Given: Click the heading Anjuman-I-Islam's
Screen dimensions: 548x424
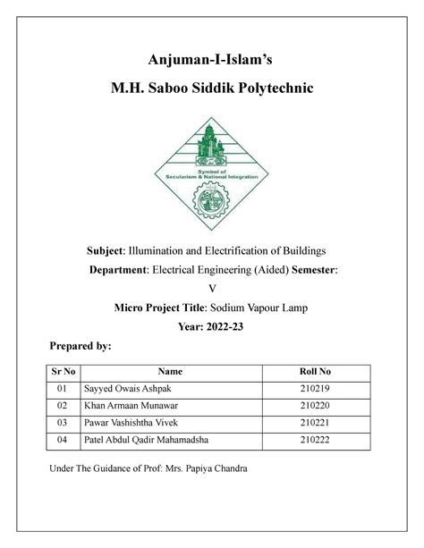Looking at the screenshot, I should click(x=212, y=60).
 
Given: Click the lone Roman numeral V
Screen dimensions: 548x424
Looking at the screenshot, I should click(x=212, y=288).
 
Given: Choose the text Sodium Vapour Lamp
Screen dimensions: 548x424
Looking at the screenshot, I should click(x=264, y=308).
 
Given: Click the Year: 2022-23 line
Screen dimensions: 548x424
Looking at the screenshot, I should click(x=212, y=327).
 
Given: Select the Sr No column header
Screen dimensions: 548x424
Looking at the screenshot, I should click(x=62, y=371).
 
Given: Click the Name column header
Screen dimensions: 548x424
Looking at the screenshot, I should click(x=170, y=371).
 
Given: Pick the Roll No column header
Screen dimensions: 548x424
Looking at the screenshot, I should click(x=312, y=371).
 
